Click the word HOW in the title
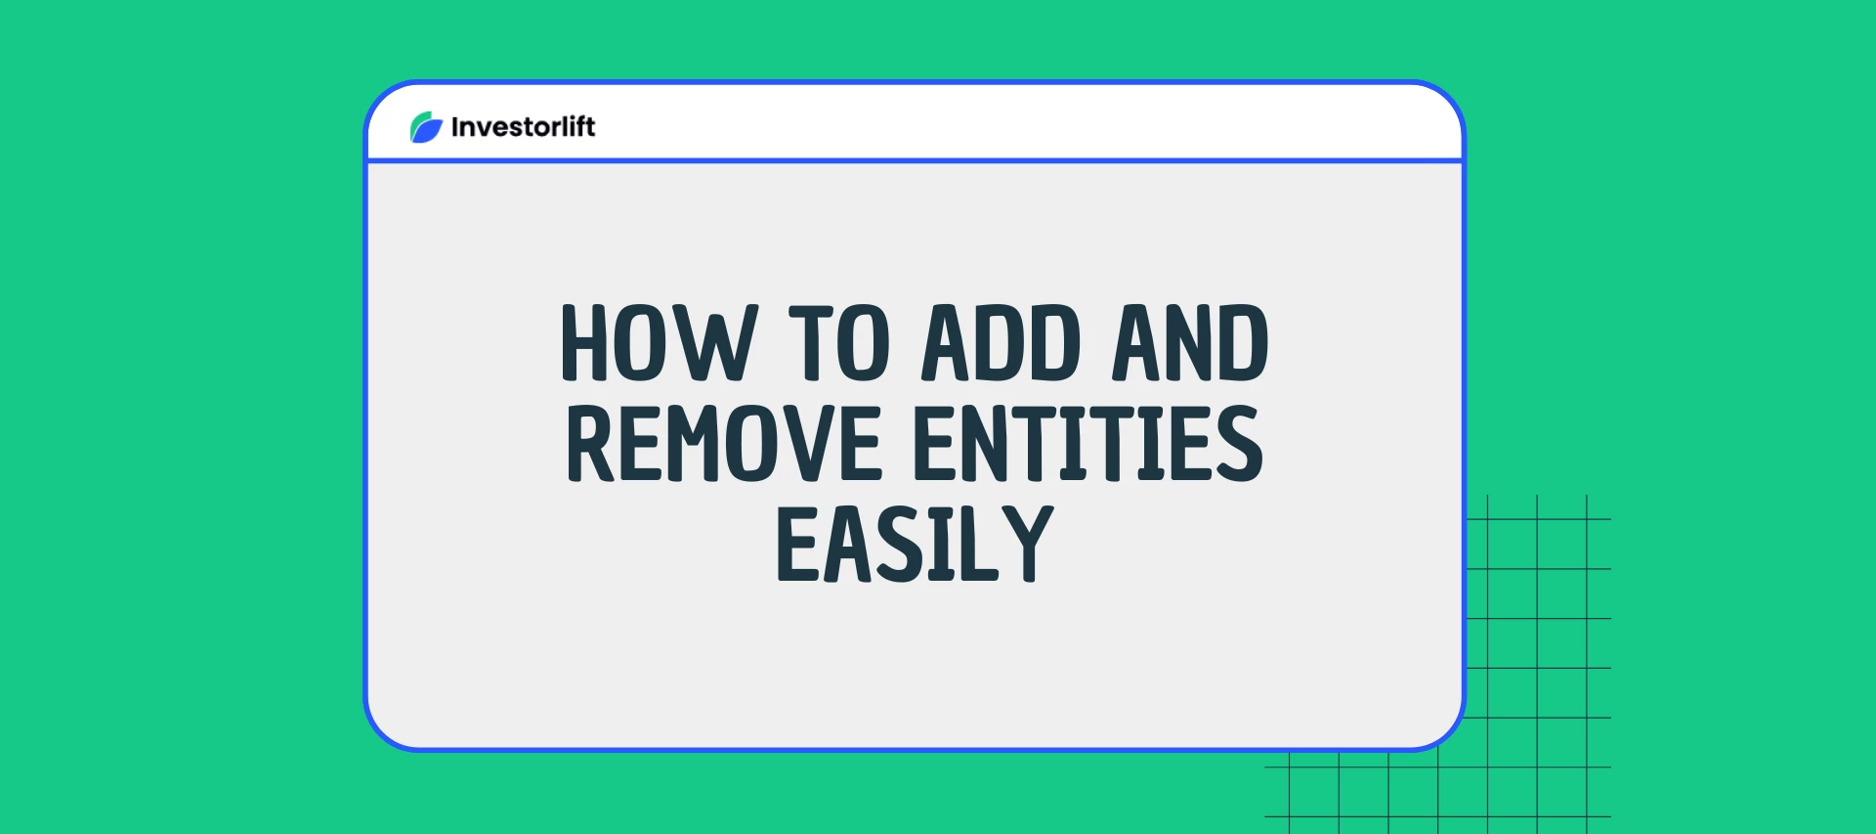click(x=659, y=342)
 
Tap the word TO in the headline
click(x=839, y=342)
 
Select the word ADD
click(x=1002, y=342)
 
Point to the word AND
click(x=1190, y=342)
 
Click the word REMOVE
click(x=724, y=444)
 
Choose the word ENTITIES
click(x=1087, y=444)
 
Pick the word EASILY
click(x=915, y=545)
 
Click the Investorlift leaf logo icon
click(x=426, y=127)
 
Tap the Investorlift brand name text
click(x=523, y=127)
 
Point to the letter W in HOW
click(x=720, y=342)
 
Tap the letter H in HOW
click(x=583, y=342)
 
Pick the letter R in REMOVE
click(x=590, y=444)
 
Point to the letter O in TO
click(x=864, y=342)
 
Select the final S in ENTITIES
click(x=1239, y=444)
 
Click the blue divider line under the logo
click(x=915, y=160)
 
